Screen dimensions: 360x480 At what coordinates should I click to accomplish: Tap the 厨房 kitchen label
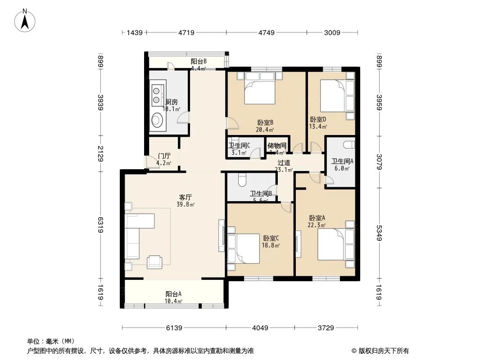(x=172, y=102)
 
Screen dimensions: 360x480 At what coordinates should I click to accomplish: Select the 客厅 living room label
(x=186, y=197)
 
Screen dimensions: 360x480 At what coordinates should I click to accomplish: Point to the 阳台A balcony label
(x=173, y=294)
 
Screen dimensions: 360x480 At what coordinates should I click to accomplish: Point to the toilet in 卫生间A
(x=348, y=145)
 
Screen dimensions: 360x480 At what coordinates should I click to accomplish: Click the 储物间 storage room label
(x=276, y=145)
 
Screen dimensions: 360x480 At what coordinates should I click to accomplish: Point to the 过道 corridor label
(x=284, y=163)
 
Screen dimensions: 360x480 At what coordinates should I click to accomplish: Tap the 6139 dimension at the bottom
(x=174, y=328)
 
